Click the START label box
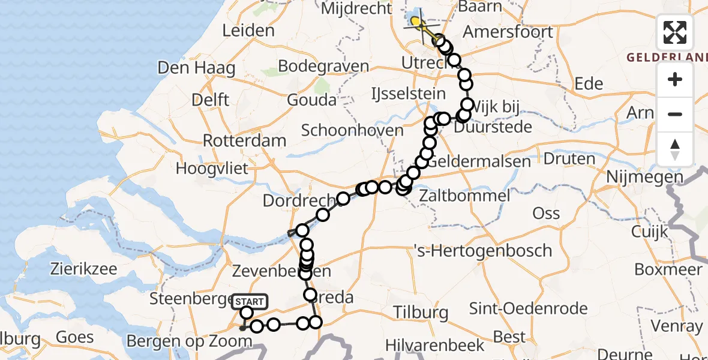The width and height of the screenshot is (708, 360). [x=248, y=301]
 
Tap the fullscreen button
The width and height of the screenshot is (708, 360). [x=675, y=32]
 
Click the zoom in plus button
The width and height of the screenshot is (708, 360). [x=675, y=79]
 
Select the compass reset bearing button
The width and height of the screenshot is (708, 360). [x=675, y=149]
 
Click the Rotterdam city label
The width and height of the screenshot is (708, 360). [x=244, y=140]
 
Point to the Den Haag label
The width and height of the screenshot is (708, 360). [x=196, y=67]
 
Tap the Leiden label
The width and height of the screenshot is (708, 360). [x=248, y=31]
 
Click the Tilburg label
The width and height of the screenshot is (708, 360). [x=421, y=312]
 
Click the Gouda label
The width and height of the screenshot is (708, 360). [x=311, y=100]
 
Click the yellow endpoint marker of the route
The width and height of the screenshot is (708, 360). [x=415, y=22]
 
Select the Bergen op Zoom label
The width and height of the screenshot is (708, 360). [x=190, y=341]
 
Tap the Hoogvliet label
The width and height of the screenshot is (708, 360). [x=212, y=169]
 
